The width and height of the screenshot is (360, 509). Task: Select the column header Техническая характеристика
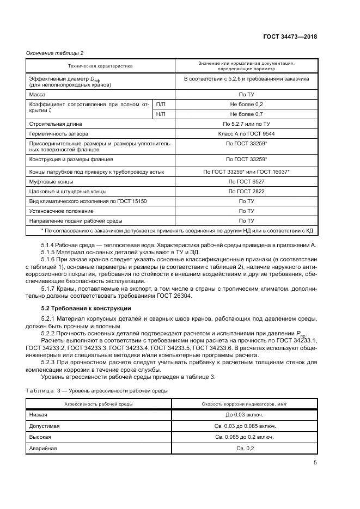coord(100,66)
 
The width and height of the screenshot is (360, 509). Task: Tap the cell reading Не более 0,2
coord(246,104)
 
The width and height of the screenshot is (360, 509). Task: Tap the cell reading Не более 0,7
coord(246,114)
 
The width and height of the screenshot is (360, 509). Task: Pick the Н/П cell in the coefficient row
coord(161,114)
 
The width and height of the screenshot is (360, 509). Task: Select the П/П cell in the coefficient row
coord(161,104)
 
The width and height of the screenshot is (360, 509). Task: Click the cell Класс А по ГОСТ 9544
coord(246,133)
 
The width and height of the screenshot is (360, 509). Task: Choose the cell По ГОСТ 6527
coord(246,182)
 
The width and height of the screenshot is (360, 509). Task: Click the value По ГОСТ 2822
coord(246,192)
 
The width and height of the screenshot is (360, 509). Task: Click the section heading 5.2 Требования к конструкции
coord(86,308)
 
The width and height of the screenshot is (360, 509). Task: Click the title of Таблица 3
coord(97,391)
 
